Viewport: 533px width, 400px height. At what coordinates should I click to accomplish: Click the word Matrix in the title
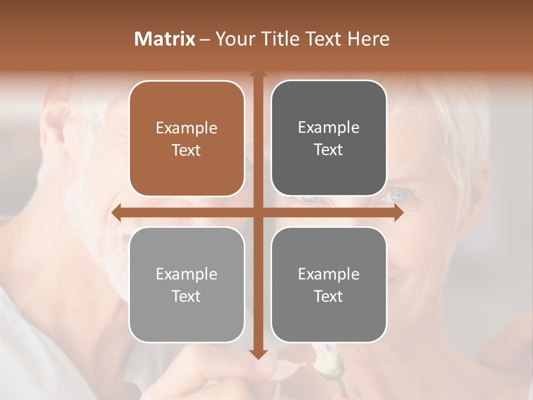click(x=165, y=39)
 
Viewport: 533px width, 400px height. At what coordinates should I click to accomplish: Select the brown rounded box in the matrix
click(x=187, y=139)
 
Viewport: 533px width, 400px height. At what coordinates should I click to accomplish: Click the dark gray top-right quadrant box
click(x=329, y=138)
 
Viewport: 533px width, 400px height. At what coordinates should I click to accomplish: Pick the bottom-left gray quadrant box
click(x=187, y=285)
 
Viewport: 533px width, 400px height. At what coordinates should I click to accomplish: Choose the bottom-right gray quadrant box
click(x=329, y=285)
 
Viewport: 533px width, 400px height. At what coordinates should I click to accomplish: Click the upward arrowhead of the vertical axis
click(x=258, y=74)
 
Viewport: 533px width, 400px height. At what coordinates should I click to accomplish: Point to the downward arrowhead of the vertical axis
click(x=258, y=354)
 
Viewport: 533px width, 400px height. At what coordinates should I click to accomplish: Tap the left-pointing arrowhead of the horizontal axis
click(x=115, y=212)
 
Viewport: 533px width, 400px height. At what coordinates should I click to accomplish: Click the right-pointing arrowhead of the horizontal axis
click(x=399, y=212)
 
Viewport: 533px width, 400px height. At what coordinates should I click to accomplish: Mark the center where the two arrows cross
click(x=258, y=212)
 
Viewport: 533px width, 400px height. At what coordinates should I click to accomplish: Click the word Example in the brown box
click(x=187, y=128)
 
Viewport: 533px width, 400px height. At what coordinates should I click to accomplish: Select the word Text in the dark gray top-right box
click(x=329, y=149)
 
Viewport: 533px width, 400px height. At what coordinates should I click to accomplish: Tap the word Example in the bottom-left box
click(x=187, y=274)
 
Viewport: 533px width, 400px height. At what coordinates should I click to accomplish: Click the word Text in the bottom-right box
click(x=329, y=296)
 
